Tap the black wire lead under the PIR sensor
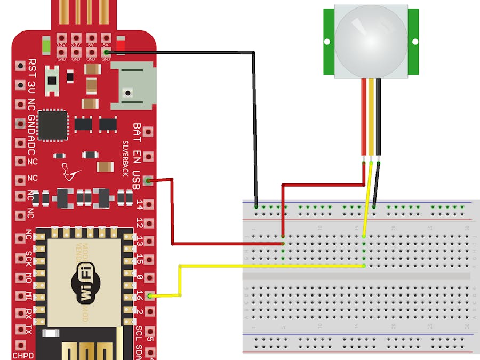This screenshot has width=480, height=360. [x=378, y=117]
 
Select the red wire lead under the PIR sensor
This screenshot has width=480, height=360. [x=363, y=117]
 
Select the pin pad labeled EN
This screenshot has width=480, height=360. [x=148, y=157]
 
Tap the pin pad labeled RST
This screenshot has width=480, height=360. [x=20, y=66]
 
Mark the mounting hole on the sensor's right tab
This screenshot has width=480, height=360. [x=413, y=41]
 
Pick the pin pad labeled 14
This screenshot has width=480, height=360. [x=148, y=204]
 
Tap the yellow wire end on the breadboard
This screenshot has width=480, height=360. [x=364, y=265]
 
